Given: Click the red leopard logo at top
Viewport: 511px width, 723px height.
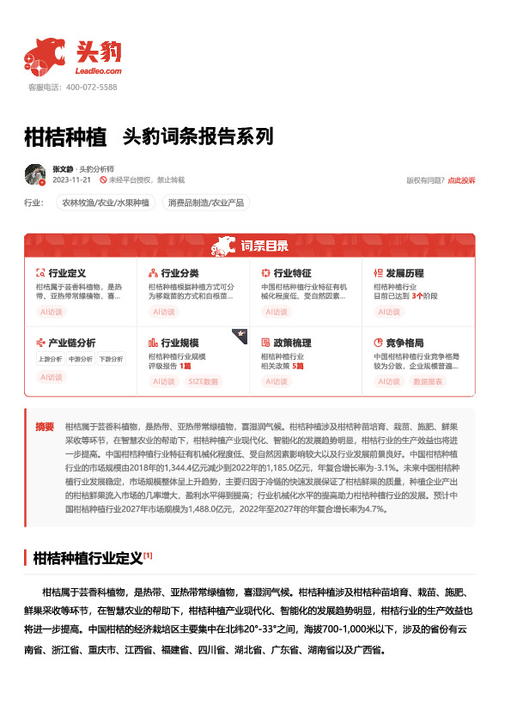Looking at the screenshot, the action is tap(45, 56).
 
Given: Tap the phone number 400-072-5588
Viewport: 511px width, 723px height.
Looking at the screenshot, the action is tap(90, 88).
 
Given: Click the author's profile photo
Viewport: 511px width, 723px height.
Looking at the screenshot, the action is tap(35, 174).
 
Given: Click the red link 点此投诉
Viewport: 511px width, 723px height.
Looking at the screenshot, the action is tap(461, 180).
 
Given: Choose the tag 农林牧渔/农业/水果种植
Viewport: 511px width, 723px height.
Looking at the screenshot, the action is tap(104, 204).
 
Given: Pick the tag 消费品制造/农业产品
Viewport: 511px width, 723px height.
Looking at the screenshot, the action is tap(206, 204).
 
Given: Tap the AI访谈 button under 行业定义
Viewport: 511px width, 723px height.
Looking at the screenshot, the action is tap(52, 313).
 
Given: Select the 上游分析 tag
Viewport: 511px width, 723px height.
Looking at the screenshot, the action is tap(50, 359).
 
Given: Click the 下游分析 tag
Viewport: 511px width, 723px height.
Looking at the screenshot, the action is tap(110, 359).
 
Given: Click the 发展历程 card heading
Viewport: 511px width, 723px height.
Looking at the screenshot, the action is tap(404, 273).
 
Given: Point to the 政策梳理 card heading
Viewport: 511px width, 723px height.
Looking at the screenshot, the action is tap(292, 342).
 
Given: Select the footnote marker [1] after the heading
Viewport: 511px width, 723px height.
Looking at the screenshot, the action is tap(148, 556).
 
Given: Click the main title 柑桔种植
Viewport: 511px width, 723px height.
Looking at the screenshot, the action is tap(65, 137).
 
